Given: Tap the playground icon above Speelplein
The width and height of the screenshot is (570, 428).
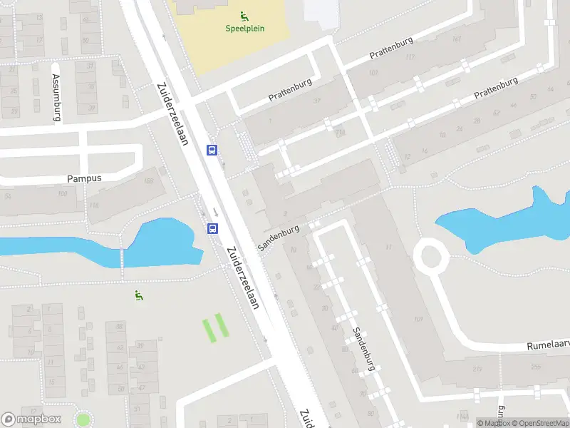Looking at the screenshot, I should (x=244, y=15).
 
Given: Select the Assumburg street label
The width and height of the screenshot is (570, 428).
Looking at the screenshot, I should (x=56, y=97).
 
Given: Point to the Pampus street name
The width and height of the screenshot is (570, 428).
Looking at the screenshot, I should (x=84, y=178).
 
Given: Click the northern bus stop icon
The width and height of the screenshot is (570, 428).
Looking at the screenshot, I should (x=212, y=150).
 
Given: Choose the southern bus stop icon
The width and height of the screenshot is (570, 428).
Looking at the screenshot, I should (x=212, y=228).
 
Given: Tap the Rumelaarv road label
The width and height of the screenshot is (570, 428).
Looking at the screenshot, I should (x=547, y=345).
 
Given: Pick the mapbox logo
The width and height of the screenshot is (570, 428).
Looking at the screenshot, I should (x=31, y=419).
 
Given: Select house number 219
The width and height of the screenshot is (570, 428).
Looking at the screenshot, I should (x=478, y=368).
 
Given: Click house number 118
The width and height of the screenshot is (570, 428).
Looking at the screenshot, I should (x=93, y=205).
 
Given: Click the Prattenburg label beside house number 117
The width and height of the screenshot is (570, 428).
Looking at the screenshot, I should (x=391, y=49).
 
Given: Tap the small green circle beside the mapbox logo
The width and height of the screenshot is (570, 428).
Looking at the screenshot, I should (x=83, y=419).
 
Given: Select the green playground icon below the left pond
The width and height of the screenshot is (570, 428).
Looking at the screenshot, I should (x=138, y=295).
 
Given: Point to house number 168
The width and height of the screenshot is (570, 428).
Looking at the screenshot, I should (x=148, y=181).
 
